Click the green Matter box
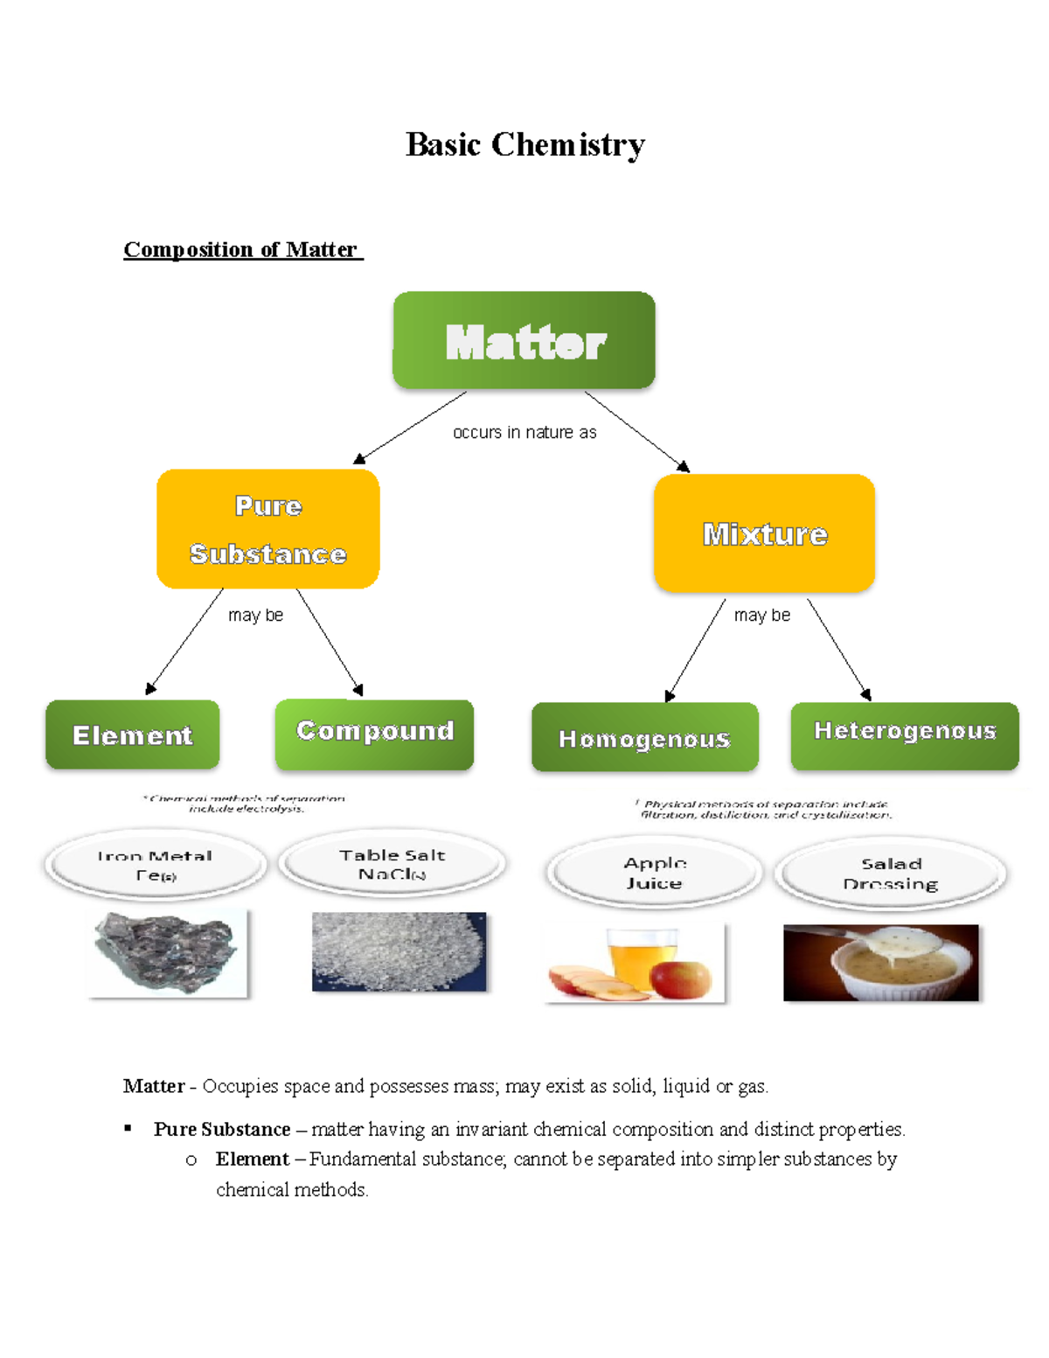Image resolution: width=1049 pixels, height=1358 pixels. (524, 341)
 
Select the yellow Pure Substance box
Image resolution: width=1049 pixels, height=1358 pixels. (267, 529)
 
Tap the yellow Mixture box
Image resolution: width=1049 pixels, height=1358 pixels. (764, 533)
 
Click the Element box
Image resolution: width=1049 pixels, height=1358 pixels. (132, 735)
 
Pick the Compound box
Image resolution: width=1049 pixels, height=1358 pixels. (374, 733)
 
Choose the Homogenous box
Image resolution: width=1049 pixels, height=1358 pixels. (644, 737)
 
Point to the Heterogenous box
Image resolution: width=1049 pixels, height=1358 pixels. (904, 735)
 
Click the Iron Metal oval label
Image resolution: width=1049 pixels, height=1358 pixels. (156, 865)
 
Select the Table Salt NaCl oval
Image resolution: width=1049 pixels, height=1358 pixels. (392, 863)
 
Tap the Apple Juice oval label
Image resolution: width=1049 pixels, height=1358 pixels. (654, 872)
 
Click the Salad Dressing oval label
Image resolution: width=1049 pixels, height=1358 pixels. (890, 873)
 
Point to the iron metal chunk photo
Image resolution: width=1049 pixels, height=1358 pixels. (166, 952)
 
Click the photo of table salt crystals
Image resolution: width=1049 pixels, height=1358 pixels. (398, 951)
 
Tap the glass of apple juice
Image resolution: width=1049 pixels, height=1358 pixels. (643, 958)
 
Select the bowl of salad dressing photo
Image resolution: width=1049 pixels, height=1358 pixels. (880, 962)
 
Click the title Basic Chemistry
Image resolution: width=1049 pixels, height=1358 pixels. (524, 144)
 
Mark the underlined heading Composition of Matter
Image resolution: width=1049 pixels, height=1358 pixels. (241, 249)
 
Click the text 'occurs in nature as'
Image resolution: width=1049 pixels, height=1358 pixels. (524, 432)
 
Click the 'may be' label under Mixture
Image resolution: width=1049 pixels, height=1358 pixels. (761, 615)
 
